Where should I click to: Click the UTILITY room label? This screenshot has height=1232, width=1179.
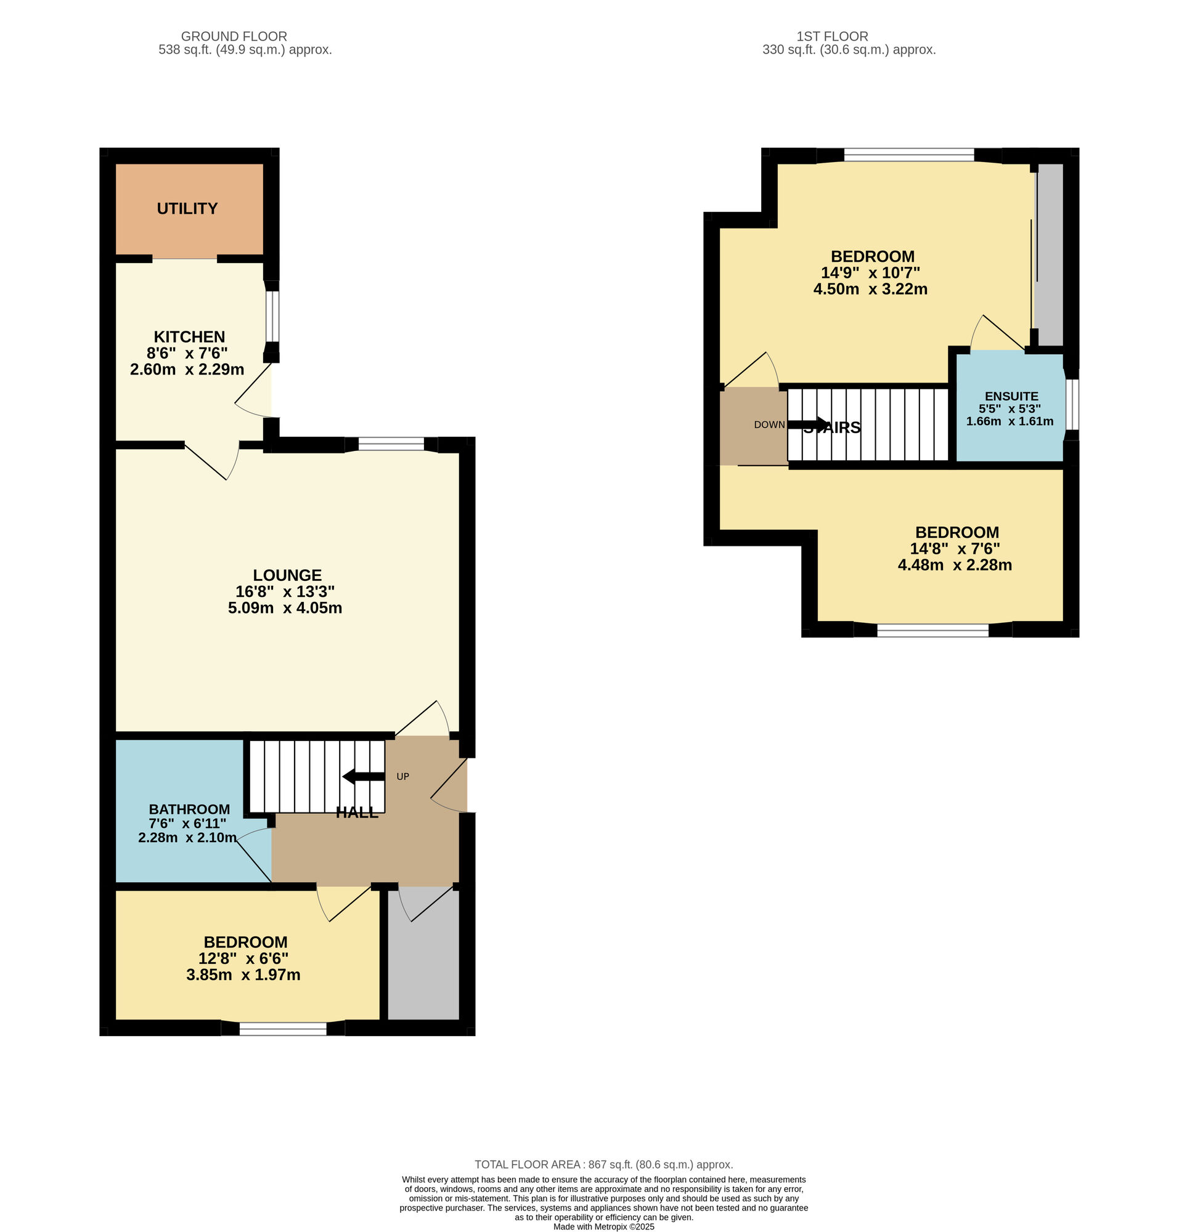[187, 209]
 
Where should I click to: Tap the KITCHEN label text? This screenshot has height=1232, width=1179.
[189, 337]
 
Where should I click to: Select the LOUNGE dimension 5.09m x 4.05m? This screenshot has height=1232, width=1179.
[285, 608]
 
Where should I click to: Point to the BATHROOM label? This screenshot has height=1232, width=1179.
[189, 809]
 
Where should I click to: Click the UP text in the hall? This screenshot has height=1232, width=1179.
[403, 777]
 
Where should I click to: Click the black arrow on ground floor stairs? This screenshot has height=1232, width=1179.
[364, 777]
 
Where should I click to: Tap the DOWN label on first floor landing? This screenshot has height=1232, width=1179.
[769, 424]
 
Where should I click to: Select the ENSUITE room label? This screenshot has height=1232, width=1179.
[1011, 397]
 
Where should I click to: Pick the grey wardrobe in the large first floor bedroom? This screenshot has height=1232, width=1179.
[1050, 254]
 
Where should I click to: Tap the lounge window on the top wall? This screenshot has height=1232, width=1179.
[391, 444]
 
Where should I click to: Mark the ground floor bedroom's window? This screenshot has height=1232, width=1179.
[283, 1029]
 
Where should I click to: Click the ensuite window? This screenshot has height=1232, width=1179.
[1072, 404]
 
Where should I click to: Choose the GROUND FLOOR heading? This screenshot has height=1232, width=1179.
[234, 36]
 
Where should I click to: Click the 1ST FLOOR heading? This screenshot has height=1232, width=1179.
[832, 36]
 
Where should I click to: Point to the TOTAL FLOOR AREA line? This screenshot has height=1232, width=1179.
[603, 1164]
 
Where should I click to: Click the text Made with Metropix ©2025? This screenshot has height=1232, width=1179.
[603, 1226]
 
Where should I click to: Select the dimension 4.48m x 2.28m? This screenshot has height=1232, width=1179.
[955, 565]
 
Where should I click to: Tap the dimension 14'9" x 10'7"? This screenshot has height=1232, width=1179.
[870, 273]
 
